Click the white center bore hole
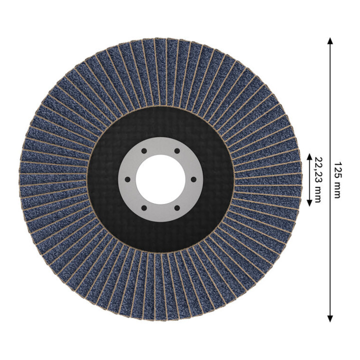coord(160,179)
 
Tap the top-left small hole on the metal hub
coord(144,151)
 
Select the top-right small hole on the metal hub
coord(177,151)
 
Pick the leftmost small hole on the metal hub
coord(127,179)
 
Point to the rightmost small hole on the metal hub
coord(193,179)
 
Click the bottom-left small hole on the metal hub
coord(144,208)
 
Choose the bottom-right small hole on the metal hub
coord(177,208)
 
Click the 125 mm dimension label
coord(337,180)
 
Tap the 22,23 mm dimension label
coord(318,180)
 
